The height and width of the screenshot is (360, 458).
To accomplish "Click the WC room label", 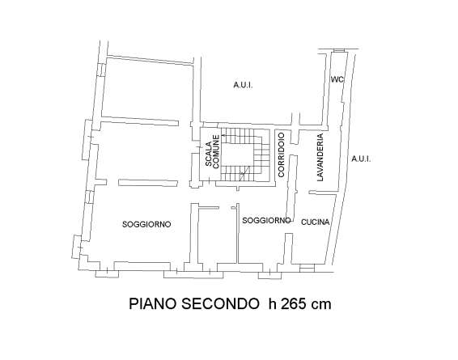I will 337,79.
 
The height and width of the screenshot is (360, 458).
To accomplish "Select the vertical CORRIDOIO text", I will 281,156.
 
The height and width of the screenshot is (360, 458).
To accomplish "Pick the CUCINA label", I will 315,222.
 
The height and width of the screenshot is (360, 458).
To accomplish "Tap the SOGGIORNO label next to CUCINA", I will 266,220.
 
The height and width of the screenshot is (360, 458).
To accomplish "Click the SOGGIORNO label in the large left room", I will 146,224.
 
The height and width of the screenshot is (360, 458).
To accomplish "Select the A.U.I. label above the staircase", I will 243,84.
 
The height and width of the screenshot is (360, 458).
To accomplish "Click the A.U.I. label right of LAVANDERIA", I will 361,159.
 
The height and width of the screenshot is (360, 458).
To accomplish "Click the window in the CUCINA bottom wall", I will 307,266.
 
